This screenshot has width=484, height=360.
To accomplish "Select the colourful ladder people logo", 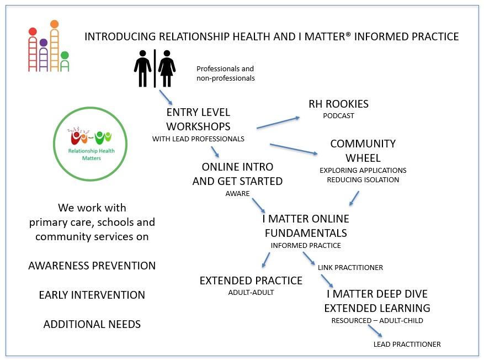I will (49, 46).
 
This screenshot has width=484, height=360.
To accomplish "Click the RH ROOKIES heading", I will (338, 104).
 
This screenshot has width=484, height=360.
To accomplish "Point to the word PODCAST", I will (338, 116).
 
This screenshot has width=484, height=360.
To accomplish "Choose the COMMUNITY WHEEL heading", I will (363, 151).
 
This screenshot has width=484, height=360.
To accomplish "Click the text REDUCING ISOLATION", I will (363, 179).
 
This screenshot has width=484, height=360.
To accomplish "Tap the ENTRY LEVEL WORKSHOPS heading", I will (198, 119).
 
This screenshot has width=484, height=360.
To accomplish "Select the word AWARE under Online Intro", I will (237, 194).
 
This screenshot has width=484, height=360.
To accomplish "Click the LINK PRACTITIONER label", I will (350, 267).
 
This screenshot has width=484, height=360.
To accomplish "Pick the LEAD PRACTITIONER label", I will (407, 344).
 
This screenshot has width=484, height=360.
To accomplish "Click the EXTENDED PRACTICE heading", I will (251, 280).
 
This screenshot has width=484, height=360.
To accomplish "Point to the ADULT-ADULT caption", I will (251, 293).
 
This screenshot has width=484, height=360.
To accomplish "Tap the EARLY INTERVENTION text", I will (92, 295).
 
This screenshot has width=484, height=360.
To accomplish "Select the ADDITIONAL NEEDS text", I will (92, 324).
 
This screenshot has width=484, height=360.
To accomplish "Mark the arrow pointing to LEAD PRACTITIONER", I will (375, 330).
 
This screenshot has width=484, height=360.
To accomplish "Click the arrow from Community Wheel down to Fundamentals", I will (354, 198).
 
